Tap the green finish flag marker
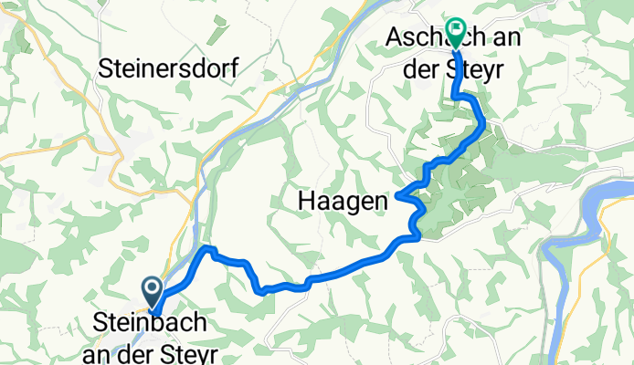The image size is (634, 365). coord(456,30)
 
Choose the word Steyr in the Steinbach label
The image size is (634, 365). coord(182,349)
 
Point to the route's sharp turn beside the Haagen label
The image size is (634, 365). coord(399,195)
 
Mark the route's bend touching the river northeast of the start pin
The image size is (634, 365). coord(207,249)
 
